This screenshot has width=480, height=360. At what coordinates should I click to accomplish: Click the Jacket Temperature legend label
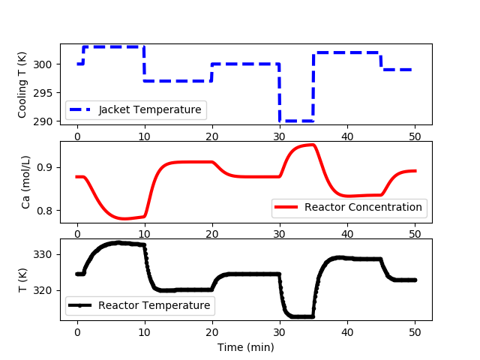(150, 109)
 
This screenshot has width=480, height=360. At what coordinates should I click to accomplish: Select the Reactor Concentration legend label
(363, 207)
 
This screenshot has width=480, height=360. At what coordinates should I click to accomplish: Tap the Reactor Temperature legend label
(154, 305)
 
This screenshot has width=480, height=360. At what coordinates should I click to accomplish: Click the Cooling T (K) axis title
(22, 85)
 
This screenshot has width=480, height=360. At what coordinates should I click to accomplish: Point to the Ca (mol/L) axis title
(25, 182)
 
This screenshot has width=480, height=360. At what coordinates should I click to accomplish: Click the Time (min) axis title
(246, 347)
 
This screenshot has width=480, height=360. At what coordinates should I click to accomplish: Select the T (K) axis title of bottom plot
(22, 280)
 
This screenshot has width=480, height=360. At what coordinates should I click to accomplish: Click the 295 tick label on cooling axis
(43, 93)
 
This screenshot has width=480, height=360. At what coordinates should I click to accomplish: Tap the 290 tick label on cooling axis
(43, 121)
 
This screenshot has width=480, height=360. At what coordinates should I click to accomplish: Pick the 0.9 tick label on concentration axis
(45, 168)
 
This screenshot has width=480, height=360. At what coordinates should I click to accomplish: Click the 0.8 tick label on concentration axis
(45, 211)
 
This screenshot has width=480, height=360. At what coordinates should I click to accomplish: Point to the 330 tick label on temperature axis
(43, 255)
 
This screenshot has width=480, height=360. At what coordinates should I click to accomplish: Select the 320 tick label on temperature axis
(43, 290)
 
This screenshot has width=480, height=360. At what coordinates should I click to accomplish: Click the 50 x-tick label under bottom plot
(415, 332)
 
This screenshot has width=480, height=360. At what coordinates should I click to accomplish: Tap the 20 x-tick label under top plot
(212, 136)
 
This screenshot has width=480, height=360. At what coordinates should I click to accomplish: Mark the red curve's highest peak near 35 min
(313, 145)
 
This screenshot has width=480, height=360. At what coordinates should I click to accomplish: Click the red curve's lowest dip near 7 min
(124, 218)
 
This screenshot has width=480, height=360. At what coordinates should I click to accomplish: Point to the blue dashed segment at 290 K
(296, 121)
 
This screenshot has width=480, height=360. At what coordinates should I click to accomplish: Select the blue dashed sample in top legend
(80, 109)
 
